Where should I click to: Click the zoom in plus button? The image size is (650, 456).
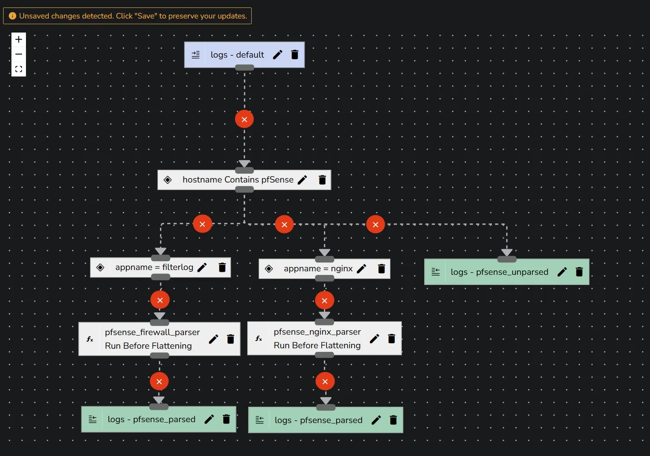[18, 40]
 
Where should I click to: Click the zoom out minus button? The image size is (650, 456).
[18, 54]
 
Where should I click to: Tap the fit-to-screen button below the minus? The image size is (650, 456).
[18, 69]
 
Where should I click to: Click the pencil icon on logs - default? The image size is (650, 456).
[278, 55]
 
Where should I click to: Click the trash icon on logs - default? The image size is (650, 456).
[295, 55]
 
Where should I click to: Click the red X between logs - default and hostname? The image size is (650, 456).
[244, 119]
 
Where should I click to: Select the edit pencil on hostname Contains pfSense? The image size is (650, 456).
[302, 180]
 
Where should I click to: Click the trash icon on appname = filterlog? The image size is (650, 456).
[222, 267]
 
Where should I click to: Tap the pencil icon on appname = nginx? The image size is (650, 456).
[361, 269]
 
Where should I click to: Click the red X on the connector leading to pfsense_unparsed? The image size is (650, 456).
[375, 225]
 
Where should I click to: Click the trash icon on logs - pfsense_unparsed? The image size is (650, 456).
[579, 272]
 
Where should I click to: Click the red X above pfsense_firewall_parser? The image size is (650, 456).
[160, 300]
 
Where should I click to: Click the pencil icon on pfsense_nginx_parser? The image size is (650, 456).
[375, 339]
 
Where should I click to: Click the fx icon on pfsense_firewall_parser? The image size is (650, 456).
[90, 339]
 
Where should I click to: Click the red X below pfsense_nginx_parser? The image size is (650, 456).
[325, 382]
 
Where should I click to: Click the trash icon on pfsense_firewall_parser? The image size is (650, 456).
[231, 339]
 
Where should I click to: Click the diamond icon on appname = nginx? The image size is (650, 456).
[269, 269]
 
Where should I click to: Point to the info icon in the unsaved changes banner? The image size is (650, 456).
[12, 16]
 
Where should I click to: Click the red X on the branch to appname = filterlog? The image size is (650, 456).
[202, 224]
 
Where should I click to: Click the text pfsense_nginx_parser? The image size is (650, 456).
[317, 332]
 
